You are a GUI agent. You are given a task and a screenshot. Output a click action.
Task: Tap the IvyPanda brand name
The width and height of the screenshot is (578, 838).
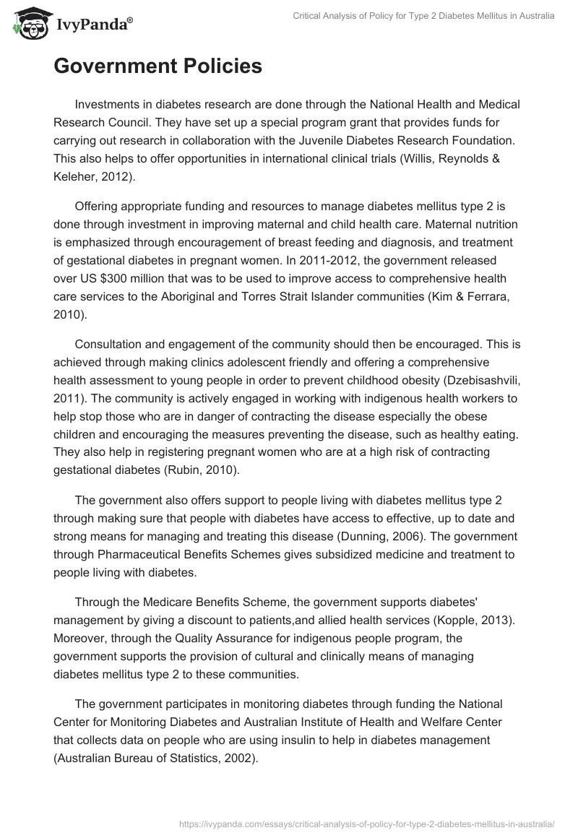[x=93, y=25]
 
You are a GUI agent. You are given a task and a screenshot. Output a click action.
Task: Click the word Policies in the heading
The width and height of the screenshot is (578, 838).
[x=219, y=66]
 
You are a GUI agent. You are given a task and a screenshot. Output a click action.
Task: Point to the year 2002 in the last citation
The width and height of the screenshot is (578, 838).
[x=239, y=757]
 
